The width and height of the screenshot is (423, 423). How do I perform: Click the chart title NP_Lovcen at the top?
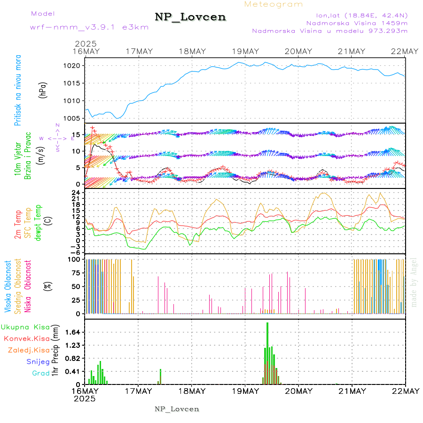tap(190, 17)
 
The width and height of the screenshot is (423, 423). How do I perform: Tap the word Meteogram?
tap(274, 4)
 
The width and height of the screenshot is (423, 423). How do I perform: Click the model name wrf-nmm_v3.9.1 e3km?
tap(89, 27)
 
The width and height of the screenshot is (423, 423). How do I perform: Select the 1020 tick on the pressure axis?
tap(71, 66)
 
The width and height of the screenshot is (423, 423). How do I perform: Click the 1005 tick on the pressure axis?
tap(71, 118)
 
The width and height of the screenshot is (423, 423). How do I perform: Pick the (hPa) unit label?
tap(43, 89)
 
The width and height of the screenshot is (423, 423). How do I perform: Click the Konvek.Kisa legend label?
tap(26, 338)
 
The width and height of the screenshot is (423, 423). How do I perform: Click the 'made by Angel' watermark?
tap(414, 282)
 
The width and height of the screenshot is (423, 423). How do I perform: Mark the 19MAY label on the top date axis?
tap(245, 51)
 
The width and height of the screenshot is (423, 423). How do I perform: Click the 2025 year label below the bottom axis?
tap(85, 398)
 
